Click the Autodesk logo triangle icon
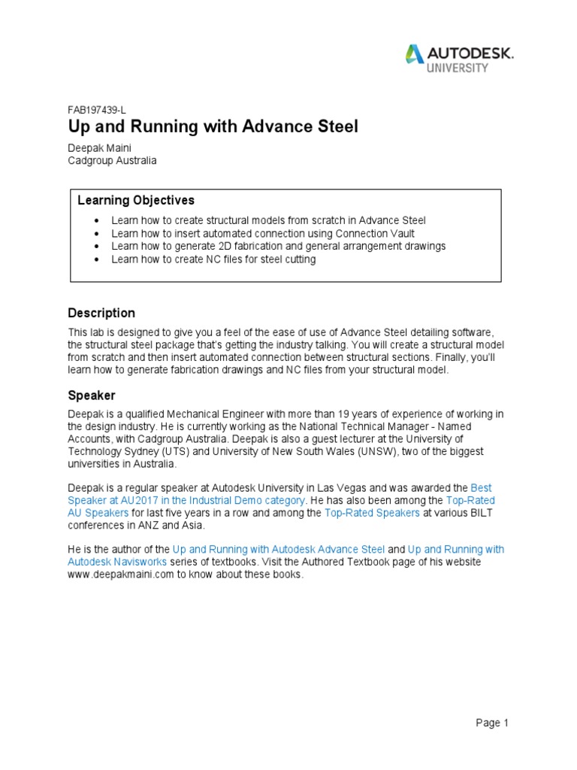pyautogui.click(x=414, y=54)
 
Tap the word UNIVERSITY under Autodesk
pyautogui.click(x=458, y=68)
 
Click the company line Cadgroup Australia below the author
pyautogui.click(x=112, y=161)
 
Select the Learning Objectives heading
pyautogui.click(x=136, y=201)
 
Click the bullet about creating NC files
pyautogui.click(x=213, y=259)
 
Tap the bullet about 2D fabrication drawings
pyautogui.click(x=278, y=246)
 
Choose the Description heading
pyautogui.click(x=101, y=313)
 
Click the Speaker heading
pyautogui.click(x=92, y=395)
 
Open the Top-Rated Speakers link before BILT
pyautogui.click(x=371, y=513)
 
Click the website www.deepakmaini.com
pyautogui.click(x=121, y=574)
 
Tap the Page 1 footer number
pyautogui.click(x=492, y=723)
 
